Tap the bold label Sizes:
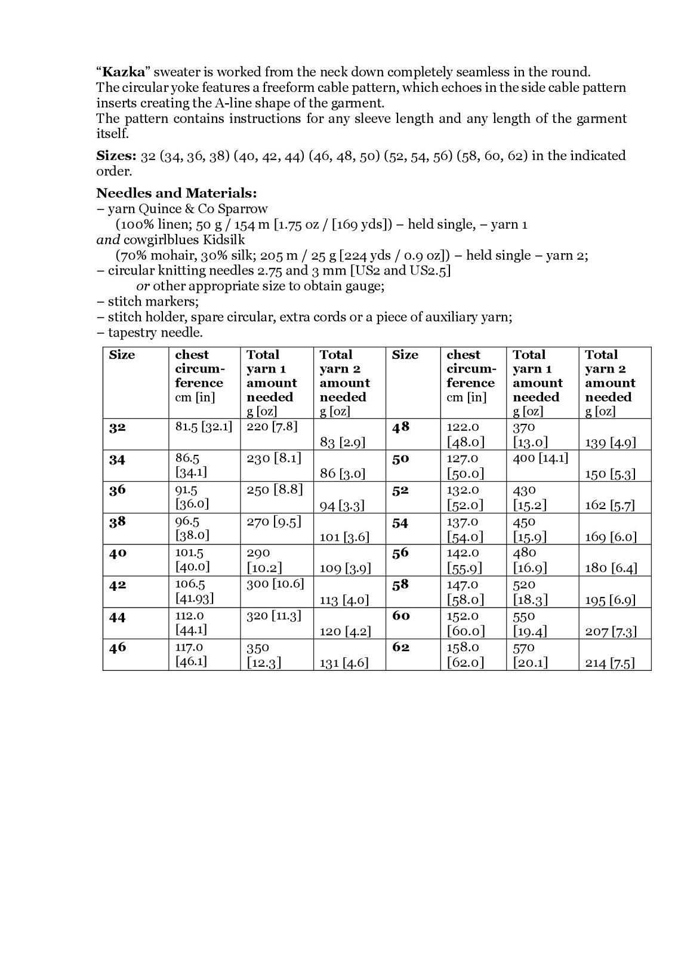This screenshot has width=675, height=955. coord(116,156)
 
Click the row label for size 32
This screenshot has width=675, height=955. coord(118,428)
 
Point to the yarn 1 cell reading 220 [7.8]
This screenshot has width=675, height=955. coord(272,427)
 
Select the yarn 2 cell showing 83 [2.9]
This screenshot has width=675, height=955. coord(343,442)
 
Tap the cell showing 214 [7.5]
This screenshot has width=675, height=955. coord(610,663)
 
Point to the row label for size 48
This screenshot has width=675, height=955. coord(400,427)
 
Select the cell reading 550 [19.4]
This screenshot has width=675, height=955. coord(529,624)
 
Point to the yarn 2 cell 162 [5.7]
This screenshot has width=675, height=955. coord(609,506)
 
